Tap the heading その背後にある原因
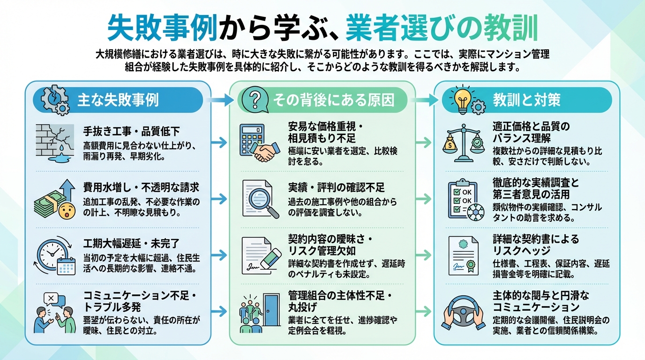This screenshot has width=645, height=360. coord(333,100)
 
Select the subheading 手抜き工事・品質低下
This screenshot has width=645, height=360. coord(131,130)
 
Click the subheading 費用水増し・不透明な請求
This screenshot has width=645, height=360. coord(141,187)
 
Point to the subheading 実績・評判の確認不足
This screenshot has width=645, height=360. coord(336,187)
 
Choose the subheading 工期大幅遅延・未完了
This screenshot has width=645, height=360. coord(131,243)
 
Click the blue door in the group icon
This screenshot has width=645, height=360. coord(271,309)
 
